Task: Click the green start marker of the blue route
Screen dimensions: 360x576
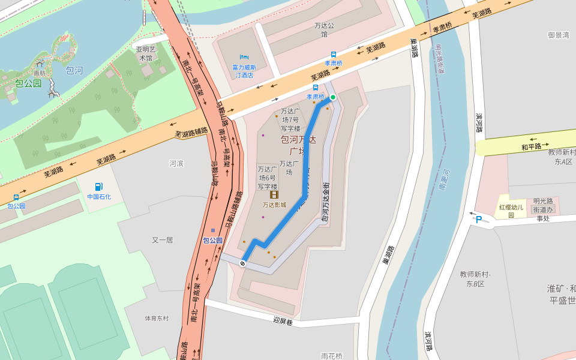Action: point(333,97)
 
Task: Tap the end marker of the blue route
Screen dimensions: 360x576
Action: point(242,263)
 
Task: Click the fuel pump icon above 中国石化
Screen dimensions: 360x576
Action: point(98,187)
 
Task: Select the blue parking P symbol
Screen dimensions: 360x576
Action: point(478,219)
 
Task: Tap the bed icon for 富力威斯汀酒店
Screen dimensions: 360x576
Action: point(244,57)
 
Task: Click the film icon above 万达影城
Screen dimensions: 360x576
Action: point(274,194)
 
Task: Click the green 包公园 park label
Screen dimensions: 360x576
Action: point(28,83)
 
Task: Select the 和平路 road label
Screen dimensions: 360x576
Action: point(531,146)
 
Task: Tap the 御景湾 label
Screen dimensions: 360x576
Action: point(558,35)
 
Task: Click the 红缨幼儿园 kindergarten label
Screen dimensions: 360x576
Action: point(511,211)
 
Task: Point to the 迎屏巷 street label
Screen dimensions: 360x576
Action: point(282,321)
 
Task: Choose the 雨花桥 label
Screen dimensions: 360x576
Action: point(331,356)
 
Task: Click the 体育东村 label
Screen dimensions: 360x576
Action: point(157,318)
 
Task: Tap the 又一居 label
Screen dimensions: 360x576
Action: point(162,240)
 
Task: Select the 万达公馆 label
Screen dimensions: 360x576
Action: point(325,30)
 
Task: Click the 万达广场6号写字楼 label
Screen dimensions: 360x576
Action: point(267,178)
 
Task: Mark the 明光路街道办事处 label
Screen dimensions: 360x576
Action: point(543,209)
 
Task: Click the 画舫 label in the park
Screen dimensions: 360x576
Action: point(40,73)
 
